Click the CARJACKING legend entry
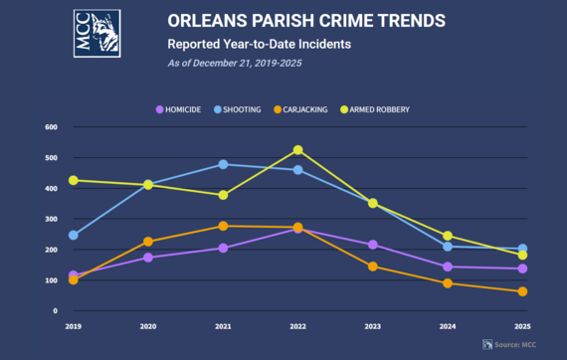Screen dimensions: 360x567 (x=313, y=108)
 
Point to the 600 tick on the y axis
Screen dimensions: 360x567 (x=50, y=127)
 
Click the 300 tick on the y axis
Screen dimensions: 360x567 (x=50, y=219)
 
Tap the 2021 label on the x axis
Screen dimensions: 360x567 (x=223, y=325)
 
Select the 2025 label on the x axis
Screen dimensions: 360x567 (x=523, y=325)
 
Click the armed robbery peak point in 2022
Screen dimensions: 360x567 (x=298, y=150)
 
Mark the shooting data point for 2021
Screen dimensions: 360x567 (x=223, y=165)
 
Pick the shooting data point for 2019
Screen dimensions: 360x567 (x=74, y=236)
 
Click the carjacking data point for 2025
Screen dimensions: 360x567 (x=523, y=291)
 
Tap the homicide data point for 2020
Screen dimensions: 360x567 (x=148, y=258)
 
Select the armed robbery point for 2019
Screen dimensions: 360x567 (x=74, y=181)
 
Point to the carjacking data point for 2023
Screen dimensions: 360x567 (x=373, y=267)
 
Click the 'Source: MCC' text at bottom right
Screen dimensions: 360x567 (x=520, y=344)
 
